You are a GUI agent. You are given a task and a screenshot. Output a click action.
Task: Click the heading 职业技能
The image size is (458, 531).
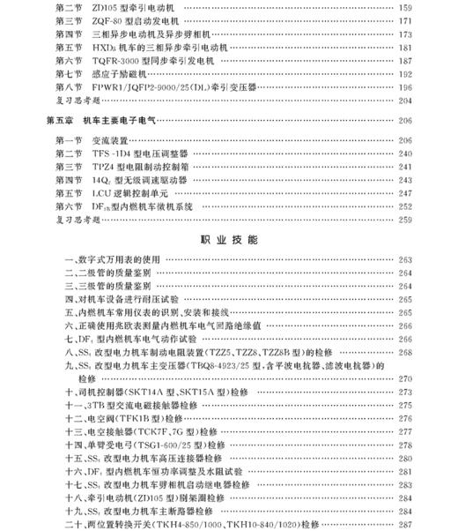tap(229, 239)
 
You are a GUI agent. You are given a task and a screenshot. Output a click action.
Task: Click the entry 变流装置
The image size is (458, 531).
tap(111, 140)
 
